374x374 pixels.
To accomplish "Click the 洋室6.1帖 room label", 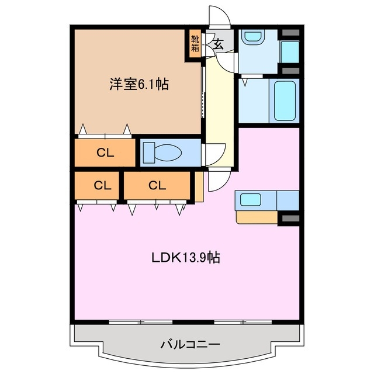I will pos(138,85).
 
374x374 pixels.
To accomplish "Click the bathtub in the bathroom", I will pos(285,101).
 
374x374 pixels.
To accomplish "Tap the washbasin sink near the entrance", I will pos(252,37).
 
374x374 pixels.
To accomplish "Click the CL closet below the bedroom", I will pos(105,153).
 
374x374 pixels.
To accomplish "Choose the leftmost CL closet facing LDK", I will pos(98,186).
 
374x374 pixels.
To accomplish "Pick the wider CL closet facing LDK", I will pos(157,186).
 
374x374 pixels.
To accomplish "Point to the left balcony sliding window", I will pos(141,322).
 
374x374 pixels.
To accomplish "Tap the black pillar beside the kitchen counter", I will pos(288,218).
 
